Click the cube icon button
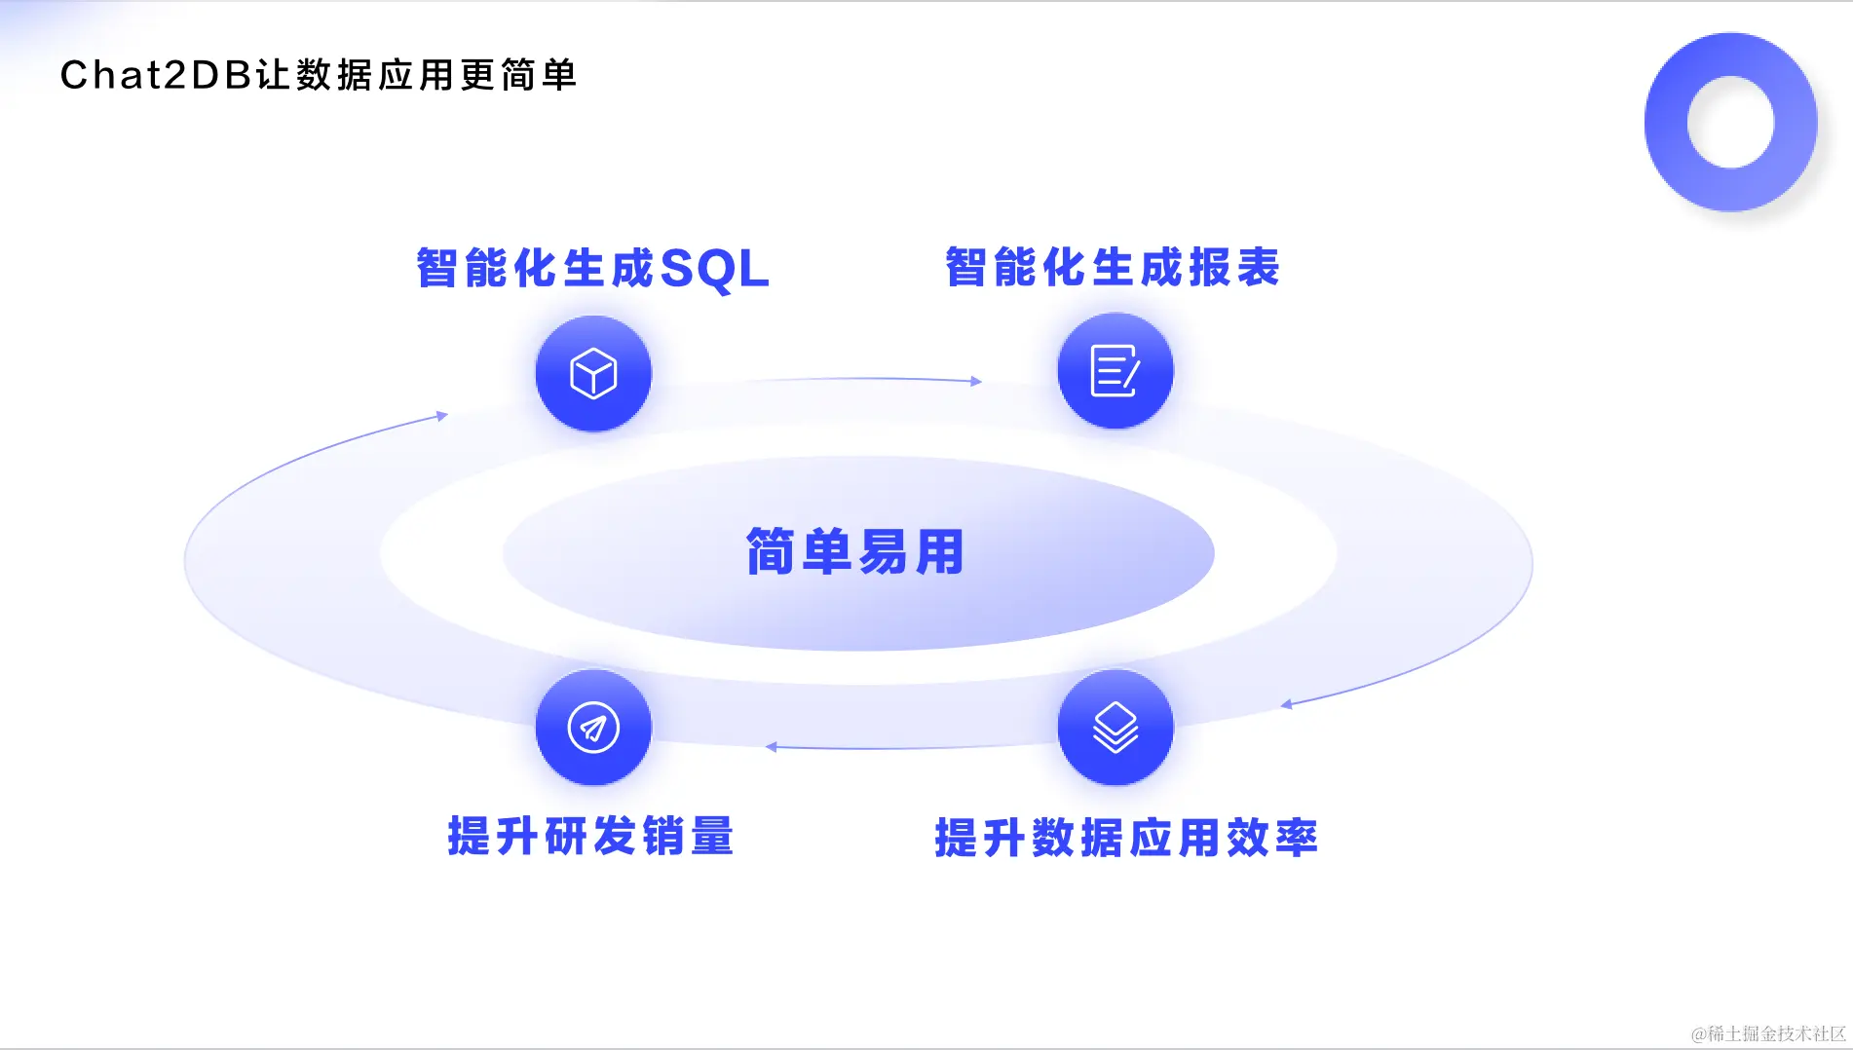pos(593,373)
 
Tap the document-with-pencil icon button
pos(1115,371)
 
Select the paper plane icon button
pos(593,728)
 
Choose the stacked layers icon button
pos(1115,728)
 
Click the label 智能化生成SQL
pos(592,268)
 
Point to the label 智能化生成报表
pos(1112,267)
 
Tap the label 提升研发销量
pos(590,836)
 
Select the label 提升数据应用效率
pos(1125,838)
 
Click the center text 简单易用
pos(855,552)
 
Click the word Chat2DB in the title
pos(156,75)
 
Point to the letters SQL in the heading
pos(714,269)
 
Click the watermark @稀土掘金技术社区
pos(1768,1033)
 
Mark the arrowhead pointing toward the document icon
pos(975,381)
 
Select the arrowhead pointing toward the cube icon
pos(441,416)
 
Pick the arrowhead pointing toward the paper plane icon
pos(771,747)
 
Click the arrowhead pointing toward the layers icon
pos(1286,704)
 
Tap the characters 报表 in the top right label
pos(1233,267)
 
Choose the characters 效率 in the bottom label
pos(1271,838)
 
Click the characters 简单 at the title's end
pos(540,75)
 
